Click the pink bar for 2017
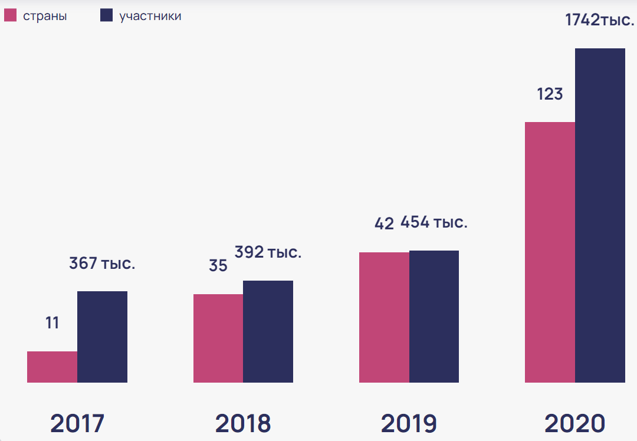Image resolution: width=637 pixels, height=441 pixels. click(52, 367)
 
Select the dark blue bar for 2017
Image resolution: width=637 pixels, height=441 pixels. click(103, 337)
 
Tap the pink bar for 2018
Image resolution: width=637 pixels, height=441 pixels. click(218, 338)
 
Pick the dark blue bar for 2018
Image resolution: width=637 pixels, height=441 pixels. click(268, 331)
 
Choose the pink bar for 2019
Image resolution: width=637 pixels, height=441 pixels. click(385, 317)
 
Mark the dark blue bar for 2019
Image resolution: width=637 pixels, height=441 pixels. click(434, 317)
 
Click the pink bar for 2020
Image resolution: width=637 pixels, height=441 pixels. click(550, 252)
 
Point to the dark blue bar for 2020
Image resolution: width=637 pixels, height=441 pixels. click(600, 215)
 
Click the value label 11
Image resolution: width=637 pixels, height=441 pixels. click(52, 323)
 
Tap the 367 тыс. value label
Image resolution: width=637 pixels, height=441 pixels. click(102, 263)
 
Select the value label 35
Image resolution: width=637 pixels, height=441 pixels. click(218, 265)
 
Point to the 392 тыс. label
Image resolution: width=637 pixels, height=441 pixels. click(268, 252)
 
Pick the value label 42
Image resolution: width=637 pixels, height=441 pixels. click(385, 224)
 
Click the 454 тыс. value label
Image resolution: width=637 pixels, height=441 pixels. click(434, 222)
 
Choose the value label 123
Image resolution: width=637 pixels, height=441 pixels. click(550, 94)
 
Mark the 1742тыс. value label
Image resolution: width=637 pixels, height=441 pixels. click(600, 19)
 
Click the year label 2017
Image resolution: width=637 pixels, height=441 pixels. click(77, 423)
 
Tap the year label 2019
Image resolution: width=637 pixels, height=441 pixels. click(409, 423)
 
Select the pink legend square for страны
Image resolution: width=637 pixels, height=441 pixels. click(10, 15)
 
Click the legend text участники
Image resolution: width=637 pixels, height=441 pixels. click(150, 17)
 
